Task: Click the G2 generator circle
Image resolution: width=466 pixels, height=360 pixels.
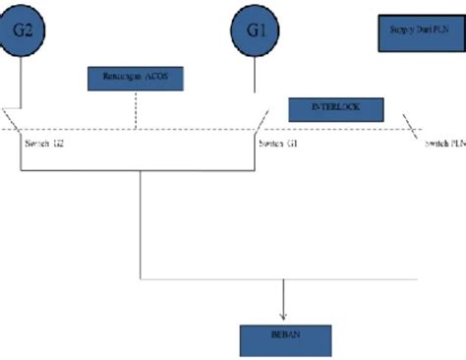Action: (x=22, y=30)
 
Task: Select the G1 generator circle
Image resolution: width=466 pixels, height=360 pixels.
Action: (x=257, y=30)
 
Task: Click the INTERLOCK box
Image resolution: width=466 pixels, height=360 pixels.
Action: (x=335, y=109)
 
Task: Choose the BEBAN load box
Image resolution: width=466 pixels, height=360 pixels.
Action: (x=286, y=339)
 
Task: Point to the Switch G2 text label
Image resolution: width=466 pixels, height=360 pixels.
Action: (x=43, y=144)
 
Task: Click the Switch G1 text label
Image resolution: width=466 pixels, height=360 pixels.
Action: (x=278, y=144)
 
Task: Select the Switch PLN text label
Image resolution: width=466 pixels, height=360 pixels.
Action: (x=444, y=144)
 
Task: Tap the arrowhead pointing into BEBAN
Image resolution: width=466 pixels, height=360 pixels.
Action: (x=284, y=316)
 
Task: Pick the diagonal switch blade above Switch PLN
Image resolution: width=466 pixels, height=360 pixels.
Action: (x=416, y=131)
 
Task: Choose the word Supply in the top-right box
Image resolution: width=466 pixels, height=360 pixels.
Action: (x=398, y=33)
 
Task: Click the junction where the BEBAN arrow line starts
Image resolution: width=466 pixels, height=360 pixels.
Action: (x=284, y=278)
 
